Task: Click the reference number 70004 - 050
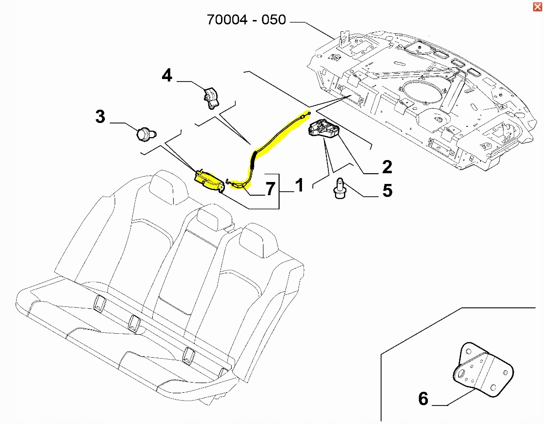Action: tap(246, 20)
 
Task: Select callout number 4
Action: tap(167, 76)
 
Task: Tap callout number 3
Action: tap(100, 117)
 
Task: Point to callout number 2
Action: tap(387, 167)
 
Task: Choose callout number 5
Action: tap(387, 190)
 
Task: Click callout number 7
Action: tap(270, 189)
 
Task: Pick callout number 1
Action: tap(299, 185)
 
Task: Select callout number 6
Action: tap(423, 399)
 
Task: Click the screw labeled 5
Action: tap(339, 188)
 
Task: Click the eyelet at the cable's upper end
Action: tap(309, 113)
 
